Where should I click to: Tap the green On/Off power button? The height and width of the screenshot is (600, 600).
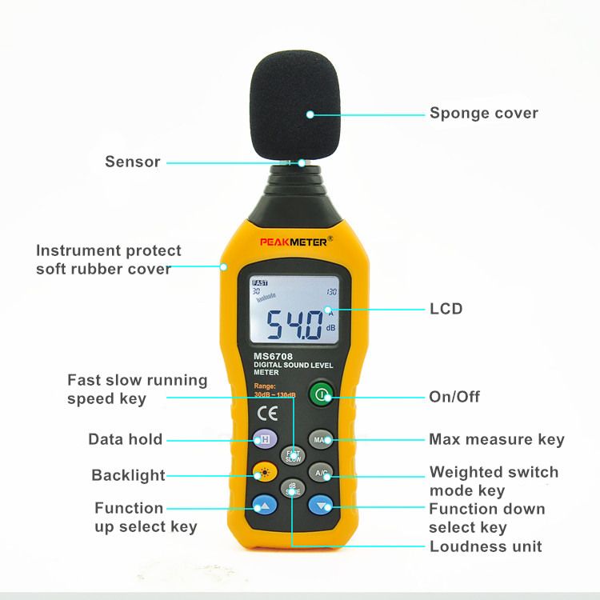click(320, 395)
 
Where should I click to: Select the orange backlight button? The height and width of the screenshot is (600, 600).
click(265, 473)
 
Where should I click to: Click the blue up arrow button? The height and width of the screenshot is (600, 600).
click(265, 505)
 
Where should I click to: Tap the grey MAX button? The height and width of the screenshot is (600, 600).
click(321, 440)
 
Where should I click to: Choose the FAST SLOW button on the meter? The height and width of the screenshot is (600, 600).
click(292, 455)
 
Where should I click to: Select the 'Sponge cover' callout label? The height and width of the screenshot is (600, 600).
click(484, 113)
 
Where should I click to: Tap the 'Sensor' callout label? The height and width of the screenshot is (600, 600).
click(133, 162)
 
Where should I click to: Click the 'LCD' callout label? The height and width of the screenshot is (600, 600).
click(446, 309)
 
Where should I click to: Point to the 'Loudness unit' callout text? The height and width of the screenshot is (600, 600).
click(486, 546)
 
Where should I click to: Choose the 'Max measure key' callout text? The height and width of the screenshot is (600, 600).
click(496, 439)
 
